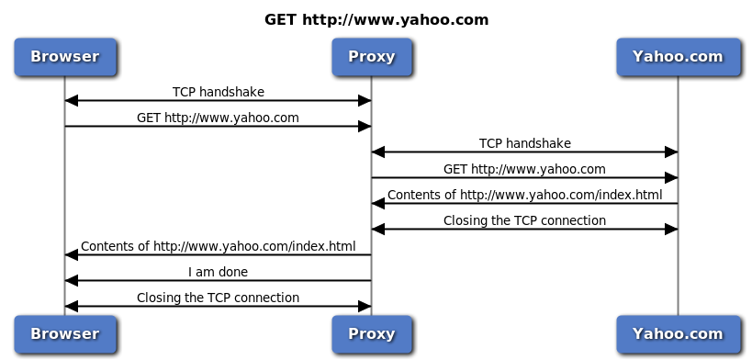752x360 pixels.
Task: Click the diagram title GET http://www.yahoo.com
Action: (x=376, y=19)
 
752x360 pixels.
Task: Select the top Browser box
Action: (x=64, y=56)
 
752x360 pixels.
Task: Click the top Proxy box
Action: (x=371, y=56)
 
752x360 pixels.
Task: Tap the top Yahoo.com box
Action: (x=678, y=56)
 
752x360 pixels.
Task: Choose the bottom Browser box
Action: (x=64, y=333)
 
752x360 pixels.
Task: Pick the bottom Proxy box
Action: (x=371, y=333)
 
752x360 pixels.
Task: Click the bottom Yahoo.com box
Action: (x=678, y=333)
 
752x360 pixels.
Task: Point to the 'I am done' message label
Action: (x=218, y=272)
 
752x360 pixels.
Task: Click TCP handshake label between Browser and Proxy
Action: (x=218, y=92)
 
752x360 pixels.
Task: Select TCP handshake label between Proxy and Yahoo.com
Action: (x=524, y=143)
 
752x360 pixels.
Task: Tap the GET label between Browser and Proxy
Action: (x=218, y=118)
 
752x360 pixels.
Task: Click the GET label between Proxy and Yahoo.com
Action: (x=524, y=169)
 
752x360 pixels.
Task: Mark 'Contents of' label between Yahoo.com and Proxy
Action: (x=524, y=195)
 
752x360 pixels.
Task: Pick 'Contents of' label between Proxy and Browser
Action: (x=218, y=246)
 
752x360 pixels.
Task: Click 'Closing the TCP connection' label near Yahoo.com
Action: (x=524, y=220)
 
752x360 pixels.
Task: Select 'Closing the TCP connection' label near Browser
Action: (x=218, y=298)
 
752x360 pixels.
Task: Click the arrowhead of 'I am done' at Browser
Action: (x=72, y=281)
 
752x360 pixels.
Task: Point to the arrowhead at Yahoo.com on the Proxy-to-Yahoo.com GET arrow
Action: (x=671, y=178)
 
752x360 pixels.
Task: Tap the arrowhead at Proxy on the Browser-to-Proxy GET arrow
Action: (x=365, y=127)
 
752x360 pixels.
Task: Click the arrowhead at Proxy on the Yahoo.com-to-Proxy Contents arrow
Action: (x=378, y=204)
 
